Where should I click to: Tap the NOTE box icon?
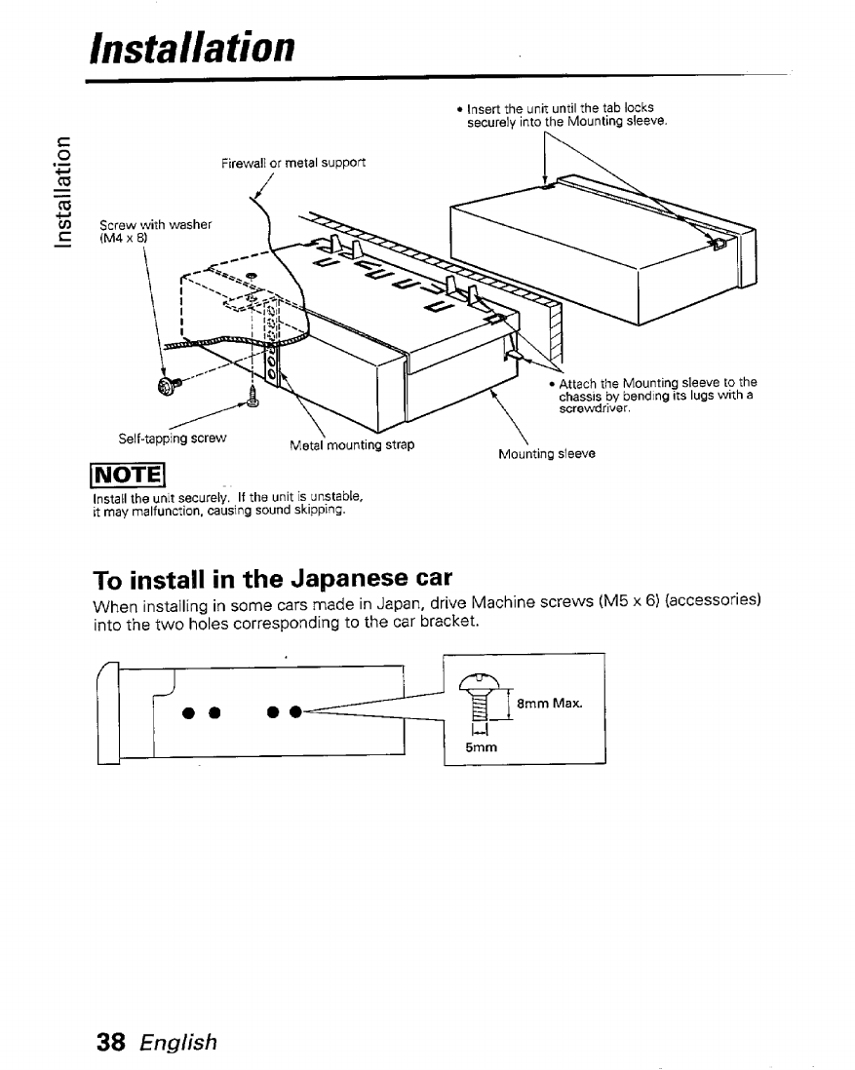point(134,478)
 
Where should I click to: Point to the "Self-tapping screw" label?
point(172,439)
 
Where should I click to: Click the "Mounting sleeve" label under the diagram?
point(546,453)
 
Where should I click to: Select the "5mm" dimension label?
point(480,747)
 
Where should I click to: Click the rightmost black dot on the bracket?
point(293,707)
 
